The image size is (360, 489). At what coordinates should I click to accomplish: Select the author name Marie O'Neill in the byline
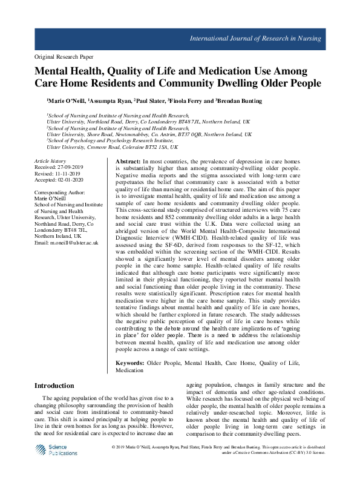pos(66,101)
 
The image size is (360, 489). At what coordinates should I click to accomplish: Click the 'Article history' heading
pos(50,161)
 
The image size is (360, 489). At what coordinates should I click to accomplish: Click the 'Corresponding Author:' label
pos(61,192)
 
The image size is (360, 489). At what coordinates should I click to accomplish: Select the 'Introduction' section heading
pos(54,386)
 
